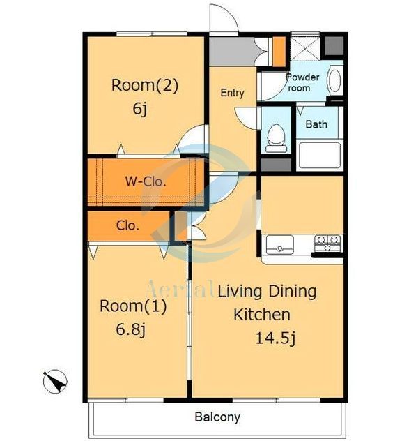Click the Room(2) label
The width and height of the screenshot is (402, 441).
[145, 85]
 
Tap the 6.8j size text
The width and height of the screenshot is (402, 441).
[131, 329]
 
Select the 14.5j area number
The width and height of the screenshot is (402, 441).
[275, 338]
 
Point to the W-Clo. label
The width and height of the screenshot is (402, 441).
[146, 181]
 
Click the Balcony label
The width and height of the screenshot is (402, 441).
[217, 417]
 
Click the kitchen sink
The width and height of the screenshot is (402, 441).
[280, 245]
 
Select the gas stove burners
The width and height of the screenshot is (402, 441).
[327, 244]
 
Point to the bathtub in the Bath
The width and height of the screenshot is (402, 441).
[320, 155]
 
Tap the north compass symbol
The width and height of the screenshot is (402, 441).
[55, 382]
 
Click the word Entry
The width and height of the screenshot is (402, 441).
[232, 93]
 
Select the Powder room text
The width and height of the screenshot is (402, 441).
[302, 82]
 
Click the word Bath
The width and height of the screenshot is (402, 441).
[316, 124]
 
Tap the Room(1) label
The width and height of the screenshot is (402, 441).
[133, 306]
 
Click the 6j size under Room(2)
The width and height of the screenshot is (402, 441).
[140, 109]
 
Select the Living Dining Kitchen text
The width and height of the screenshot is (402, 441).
[267, 303]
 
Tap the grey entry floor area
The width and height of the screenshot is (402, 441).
[233, 52]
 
